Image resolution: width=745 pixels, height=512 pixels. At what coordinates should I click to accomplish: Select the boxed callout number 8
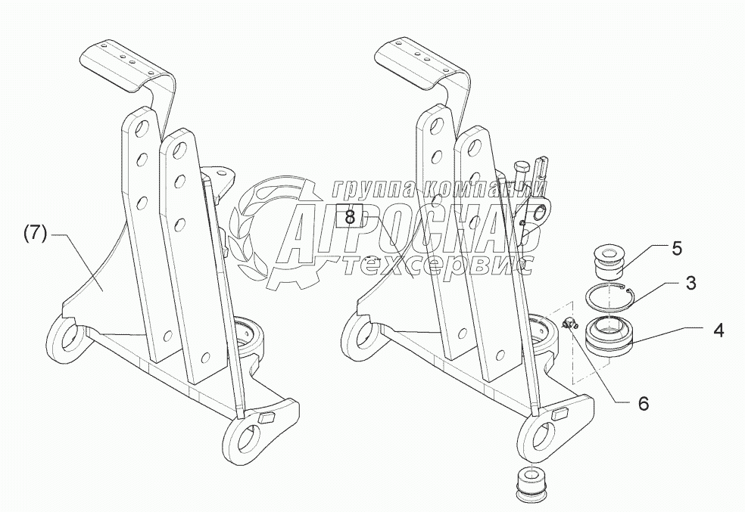(349, 216)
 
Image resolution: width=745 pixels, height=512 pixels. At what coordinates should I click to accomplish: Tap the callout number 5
(676, 247)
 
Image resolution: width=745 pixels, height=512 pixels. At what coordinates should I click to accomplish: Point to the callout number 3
(690, 283)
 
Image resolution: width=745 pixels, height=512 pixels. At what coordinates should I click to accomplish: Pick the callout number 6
(643, 403)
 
